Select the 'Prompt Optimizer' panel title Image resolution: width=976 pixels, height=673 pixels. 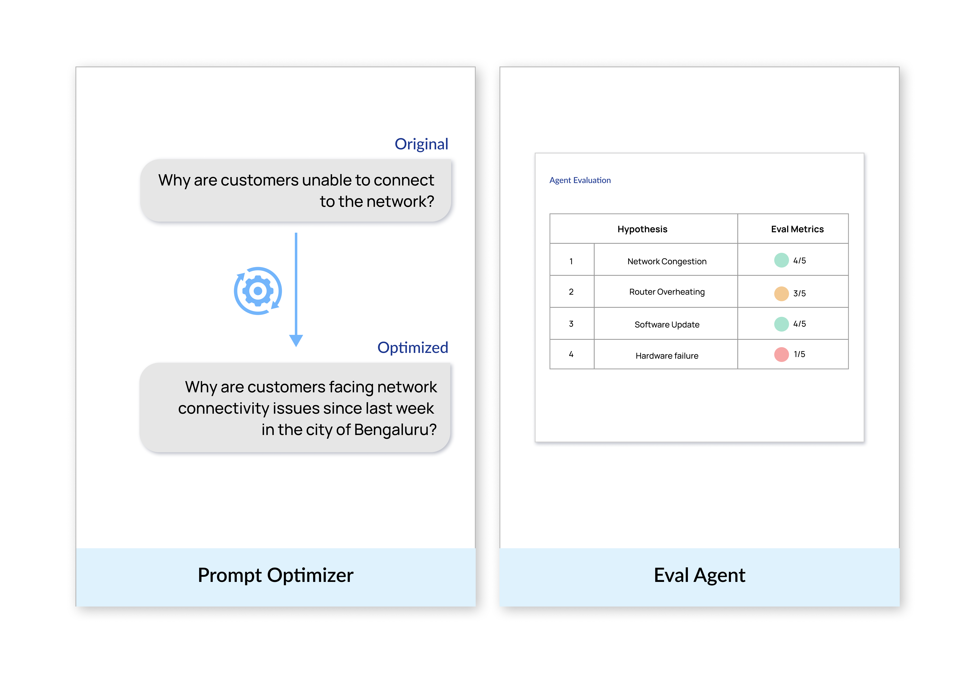point(276,575)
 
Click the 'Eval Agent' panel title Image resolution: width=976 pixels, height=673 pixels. point(700,575)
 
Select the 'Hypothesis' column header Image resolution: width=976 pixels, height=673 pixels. point(642,229)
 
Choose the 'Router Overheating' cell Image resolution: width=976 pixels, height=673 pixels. point(667,292)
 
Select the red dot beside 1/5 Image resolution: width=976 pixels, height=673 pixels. point(781,354)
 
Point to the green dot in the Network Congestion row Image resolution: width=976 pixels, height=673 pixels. point(781,260)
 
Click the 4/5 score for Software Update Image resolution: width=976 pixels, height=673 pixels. point(799,324)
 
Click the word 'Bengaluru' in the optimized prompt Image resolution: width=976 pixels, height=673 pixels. point(395,430)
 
